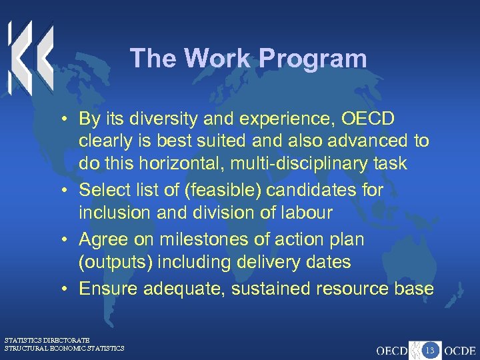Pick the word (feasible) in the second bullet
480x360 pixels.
(225, 190)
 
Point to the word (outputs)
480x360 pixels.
(114, 262)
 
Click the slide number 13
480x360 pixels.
(430, 349)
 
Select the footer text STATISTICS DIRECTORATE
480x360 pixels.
(47, 340)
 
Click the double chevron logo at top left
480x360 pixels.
(30, 57)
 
